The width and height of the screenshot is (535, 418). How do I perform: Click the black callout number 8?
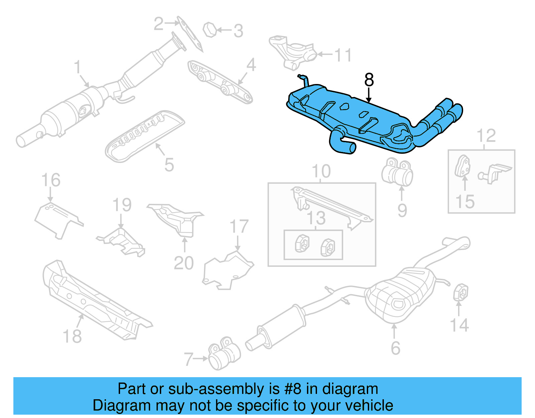pos(369,80)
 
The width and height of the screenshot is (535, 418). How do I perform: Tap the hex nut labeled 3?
pos(210,30)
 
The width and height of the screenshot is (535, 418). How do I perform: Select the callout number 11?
pos(343,55)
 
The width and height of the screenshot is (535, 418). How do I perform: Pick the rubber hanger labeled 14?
pos(460,292)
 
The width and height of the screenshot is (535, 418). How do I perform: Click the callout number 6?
pos(395,348)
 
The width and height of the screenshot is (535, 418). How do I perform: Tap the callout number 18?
pos(72,336)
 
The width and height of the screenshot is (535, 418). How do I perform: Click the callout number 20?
pos(184,263)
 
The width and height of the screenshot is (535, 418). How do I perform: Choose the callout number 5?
pos(169,165)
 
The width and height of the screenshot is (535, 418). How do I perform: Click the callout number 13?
pos(316,218)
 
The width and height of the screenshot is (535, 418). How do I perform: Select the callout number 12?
pos(486,136)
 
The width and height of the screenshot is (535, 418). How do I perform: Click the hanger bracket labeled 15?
pos(462,166)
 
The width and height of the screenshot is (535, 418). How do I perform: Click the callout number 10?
pos(321,171)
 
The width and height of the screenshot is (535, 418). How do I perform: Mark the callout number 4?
pos(251,65)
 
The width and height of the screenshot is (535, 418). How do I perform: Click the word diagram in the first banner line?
pos(350,389)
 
